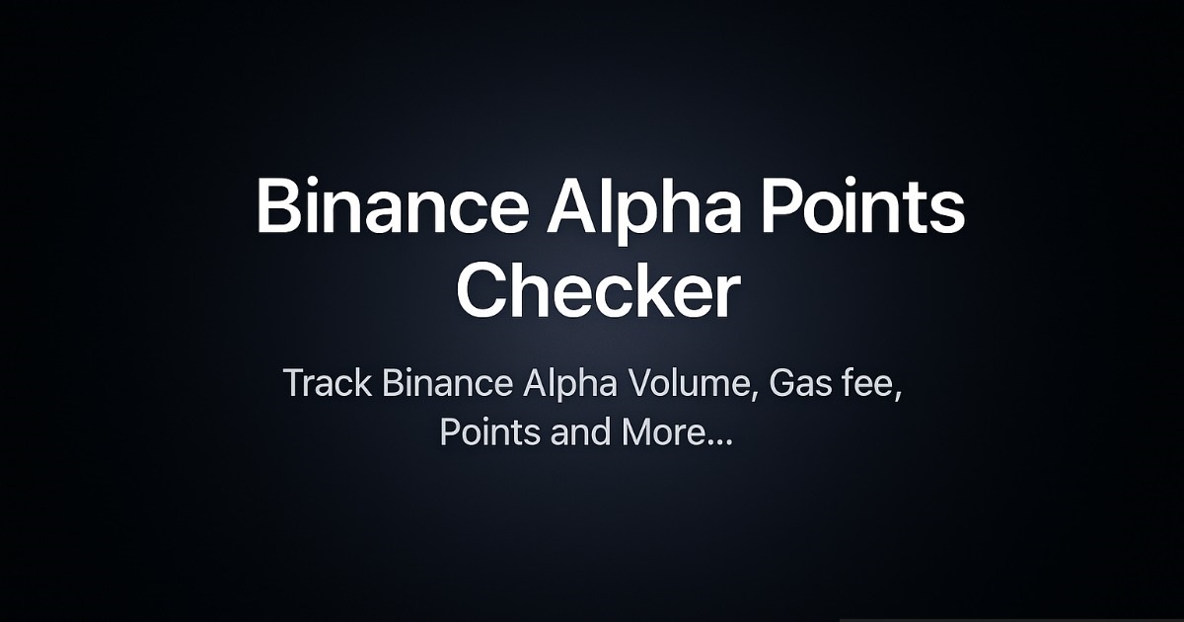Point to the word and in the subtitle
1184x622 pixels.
580,433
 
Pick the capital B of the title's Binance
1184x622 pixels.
278,208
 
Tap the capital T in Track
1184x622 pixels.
295,384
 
